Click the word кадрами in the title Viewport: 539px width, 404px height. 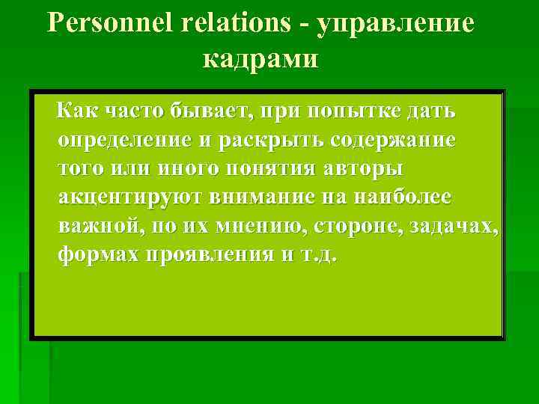pyautogui.click(x=261, y=58)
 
